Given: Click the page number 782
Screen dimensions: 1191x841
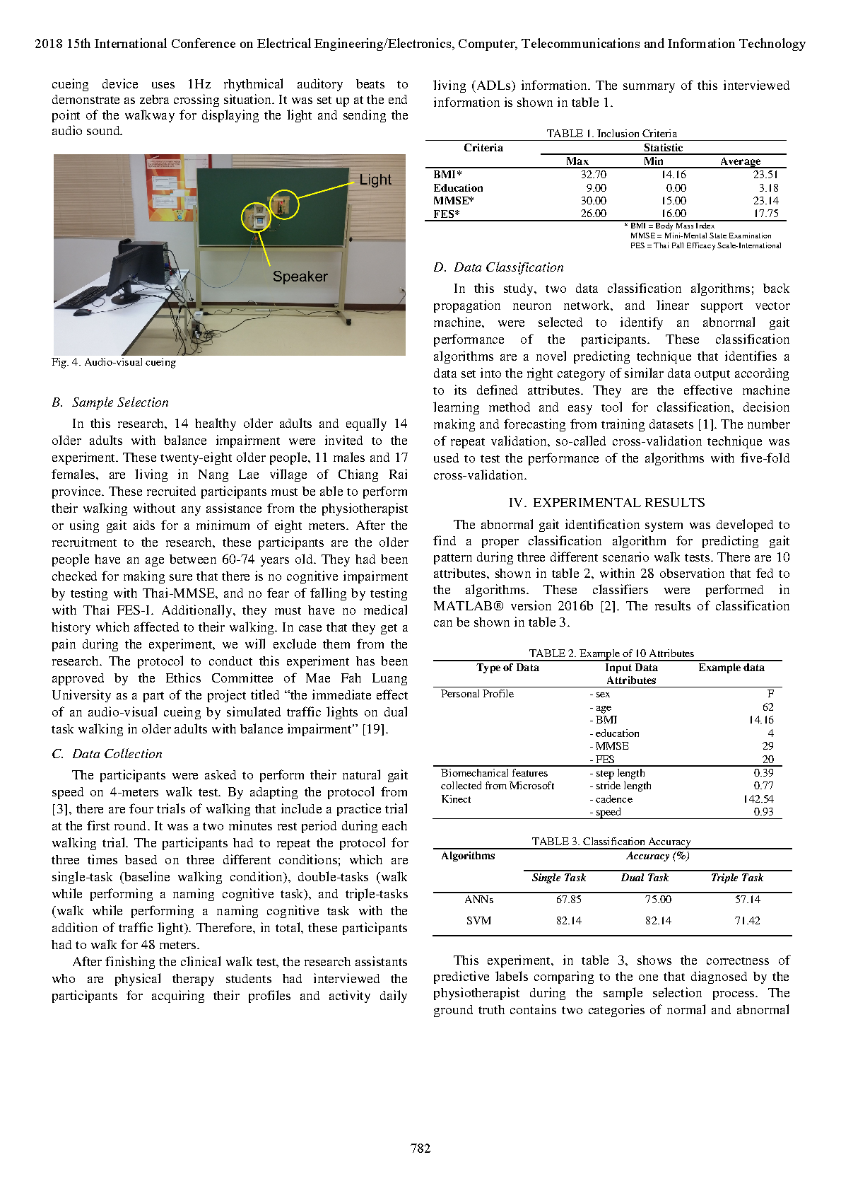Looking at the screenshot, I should pos(420,1148).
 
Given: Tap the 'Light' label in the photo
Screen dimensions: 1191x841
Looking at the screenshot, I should pos(375,180).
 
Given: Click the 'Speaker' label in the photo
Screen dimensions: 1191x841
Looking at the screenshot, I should pos(300,277).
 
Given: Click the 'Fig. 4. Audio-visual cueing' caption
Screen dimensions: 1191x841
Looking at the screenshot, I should pos(114,362).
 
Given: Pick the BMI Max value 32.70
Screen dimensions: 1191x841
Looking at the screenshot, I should pos(594,175).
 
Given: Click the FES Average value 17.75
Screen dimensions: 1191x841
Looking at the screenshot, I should pos(765,214).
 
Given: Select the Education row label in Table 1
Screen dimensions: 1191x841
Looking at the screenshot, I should pos(458,188).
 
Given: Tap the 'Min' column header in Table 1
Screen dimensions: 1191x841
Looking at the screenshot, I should pos(654,161).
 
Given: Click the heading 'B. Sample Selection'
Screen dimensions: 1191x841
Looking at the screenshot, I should pos(110,402).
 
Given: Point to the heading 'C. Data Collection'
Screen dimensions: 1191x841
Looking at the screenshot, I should pos(107,754).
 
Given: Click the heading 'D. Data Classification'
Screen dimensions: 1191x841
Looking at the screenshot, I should pos(498,267).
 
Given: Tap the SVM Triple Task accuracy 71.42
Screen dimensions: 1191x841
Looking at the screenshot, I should pos(747,921).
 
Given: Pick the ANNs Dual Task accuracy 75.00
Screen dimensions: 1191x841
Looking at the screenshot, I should pos(658,900).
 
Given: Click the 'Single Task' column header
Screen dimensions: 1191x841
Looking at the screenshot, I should pos(558,878).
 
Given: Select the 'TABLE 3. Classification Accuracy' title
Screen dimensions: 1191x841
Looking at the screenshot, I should pos(611,842).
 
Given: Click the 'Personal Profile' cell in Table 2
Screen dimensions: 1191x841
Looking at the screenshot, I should pos(477,694).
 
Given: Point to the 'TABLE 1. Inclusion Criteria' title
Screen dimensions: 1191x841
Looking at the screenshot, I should pos(611,134).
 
